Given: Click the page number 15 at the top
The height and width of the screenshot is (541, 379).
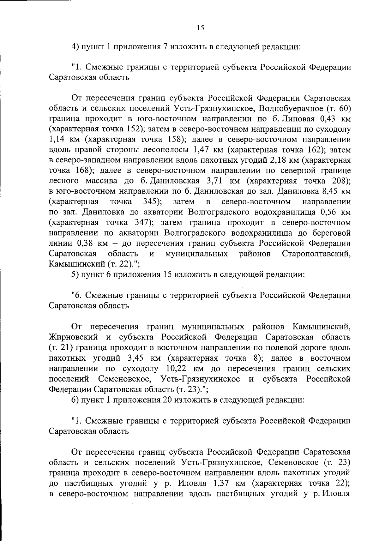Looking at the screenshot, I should coord(200,28).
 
